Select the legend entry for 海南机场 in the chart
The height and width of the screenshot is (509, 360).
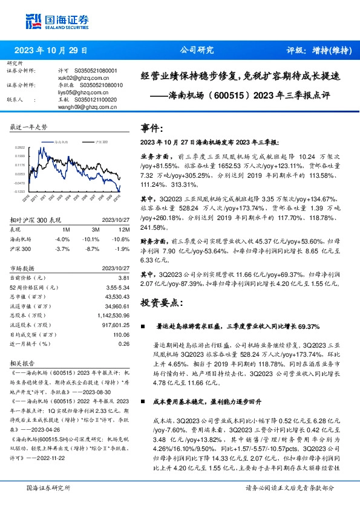61,141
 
